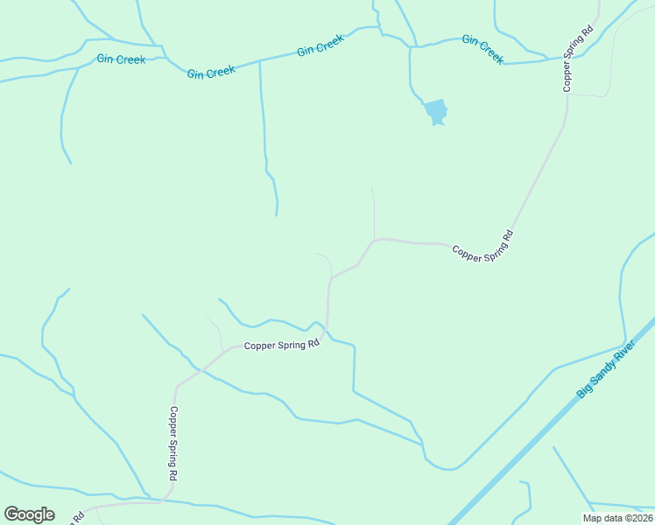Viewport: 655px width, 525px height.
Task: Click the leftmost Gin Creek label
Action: tap(121, 59)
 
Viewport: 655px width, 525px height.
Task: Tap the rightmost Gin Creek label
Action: tap(482, 49)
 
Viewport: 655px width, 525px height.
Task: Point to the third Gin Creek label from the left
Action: tap(320, 45)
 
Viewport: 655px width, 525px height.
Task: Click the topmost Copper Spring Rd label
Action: tap(578, 58)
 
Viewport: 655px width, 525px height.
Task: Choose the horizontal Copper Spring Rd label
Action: tap(282, 346)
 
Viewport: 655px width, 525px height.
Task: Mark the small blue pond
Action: tap(435, 112)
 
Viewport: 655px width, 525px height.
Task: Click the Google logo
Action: tap(29, 514)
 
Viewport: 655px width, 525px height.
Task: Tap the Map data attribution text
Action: tap(616, 518)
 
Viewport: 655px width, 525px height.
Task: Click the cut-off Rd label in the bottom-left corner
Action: tap(79, 516)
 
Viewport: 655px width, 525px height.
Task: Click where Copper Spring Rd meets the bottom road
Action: tap(163, 501)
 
